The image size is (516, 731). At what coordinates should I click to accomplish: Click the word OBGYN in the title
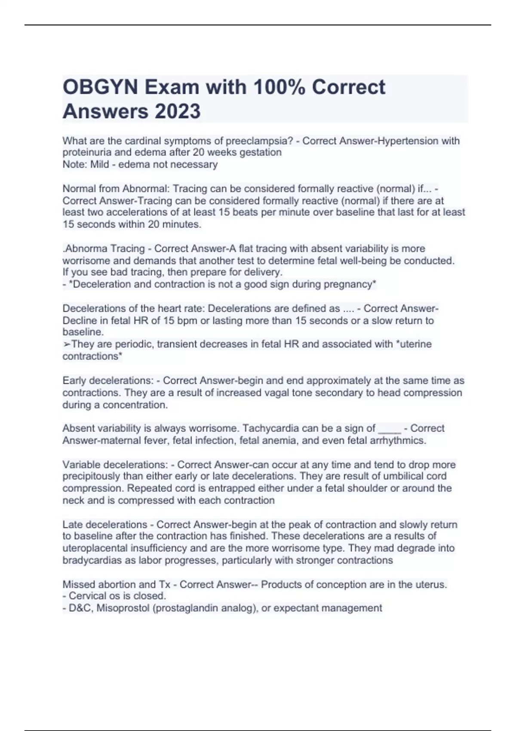tap(100, 87)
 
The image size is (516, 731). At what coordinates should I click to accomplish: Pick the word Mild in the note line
tap(99, 165)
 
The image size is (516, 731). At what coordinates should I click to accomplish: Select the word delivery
tap(263, 272)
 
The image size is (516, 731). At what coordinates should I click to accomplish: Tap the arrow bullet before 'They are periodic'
tap(67, 344)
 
